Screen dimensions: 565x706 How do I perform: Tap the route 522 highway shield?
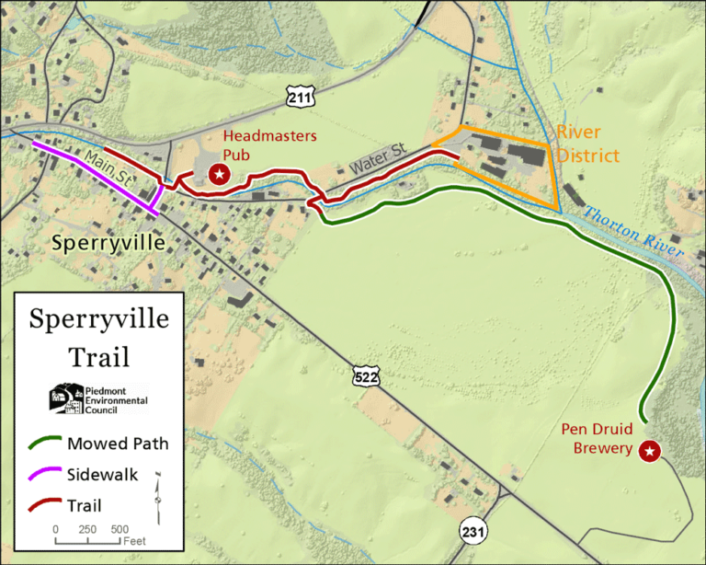362,375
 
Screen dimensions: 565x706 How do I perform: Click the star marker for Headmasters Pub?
219,174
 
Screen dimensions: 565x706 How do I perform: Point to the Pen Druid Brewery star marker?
650,451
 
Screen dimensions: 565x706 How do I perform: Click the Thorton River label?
634,231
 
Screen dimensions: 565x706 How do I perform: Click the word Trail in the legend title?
98,355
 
